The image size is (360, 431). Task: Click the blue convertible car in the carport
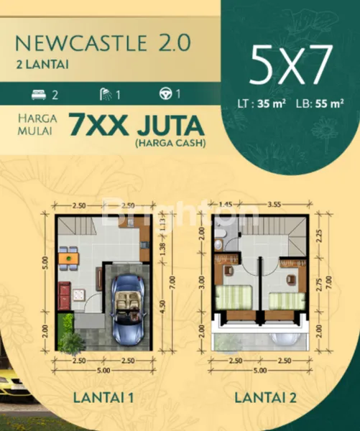pos(129,307)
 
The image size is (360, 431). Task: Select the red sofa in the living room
pos(64,293)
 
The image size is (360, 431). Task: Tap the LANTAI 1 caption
pos(103,397)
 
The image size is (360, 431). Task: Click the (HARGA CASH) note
pos(170,144)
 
